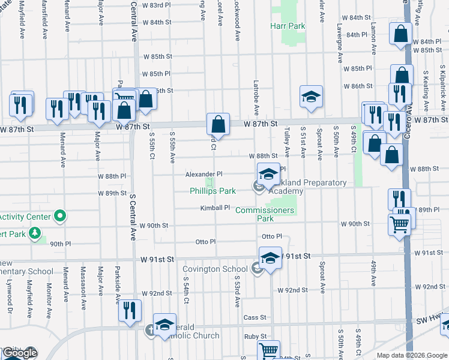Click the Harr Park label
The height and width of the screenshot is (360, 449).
click(x=288, y=26)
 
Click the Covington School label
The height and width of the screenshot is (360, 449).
click(x=223, y=269)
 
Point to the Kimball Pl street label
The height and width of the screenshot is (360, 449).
click(x=215, y=208)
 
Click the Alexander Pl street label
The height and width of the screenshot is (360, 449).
click(x=203, y=174)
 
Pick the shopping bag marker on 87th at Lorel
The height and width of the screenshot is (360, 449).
click(x=218, y=124)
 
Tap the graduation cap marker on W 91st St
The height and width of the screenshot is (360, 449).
click(x=270, y=258)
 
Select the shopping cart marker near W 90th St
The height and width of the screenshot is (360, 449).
click(x=399, y=225)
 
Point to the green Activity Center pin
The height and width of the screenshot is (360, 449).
click(x=60, y=215)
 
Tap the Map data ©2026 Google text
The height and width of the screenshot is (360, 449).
click(x=411, y=355)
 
